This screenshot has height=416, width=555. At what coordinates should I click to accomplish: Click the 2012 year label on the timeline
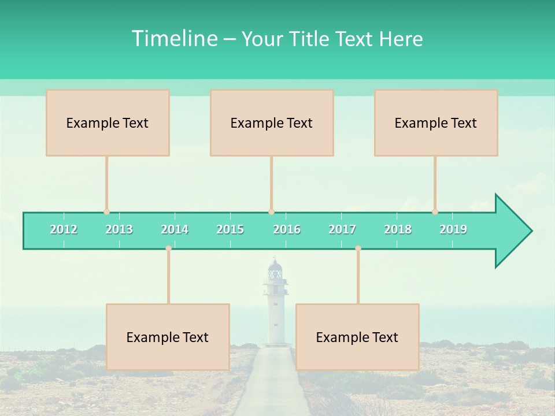[64, 229]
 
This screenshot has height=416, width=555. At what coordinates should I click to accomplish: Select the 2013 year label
[119, 229]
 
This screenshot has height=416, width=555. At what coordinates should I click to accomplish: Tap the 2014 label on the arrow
[175, 229]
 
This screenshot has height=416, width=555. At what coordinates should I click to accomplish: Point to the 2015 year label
[230, 229]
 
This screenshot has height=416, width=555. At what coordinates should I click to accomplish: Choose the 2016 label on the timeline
[287, 229]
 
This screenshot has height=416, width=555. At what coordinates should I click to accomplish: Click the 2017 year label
[342, 229]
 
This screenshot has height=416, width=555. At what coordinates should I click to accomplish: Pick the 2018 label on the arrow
[398, 229]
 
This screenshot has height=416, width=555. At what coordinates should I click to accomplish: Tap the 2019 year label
[453, 229]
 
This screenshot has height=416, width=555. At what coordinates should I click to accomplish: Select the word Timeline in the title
[173, 39]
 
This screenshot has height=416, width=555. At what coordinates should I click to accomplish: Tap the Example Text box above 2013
[108, 122]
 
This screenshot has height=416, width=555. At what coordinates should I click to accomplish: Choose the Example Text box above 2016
[272, 122]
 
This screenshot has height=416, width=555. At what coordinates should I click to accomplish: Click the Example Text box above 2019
[436, 122]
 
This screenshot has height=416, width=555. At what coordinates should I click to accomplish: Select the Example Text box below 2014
[168, 337]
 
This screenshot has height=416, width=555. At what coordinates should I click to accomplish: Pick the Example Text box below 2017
[357, 337]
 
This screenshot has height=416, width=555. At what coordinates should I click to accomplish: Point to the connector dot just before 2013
[106, 212]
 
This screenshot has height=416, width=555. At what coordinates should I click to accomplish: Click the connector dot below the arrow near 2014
[168, 248]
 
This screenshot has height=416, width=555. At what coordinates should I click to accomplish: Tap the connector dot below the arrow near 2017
[358, 248]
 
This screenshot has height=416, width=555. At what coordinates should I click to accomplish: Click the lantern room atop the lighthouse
[275, 270]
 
